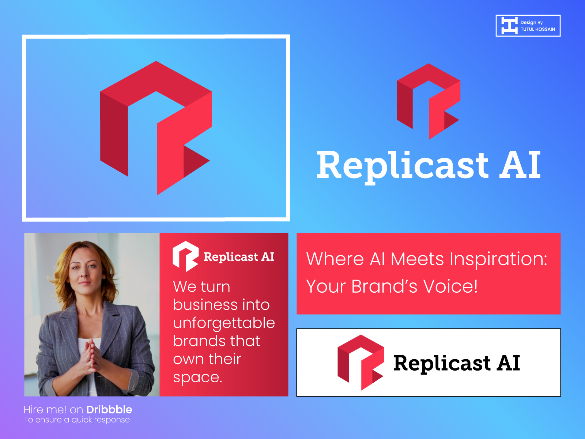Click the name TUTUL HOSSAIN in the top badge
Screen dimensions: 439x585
tap(537, 29)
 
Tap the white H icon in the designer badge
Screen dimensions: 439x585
tap(509, 26)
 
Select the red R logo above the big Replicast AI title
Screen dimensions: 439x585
tap(429, 101)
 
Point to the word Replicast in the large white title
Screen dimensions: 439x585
tap(402, 165)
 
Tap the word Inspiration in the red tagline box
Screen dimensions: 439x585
tap(498, 259)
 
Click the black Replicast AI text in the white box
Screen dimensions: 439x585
tap(456, 363)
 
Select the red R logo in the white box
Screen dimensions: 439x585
tap(360, 362)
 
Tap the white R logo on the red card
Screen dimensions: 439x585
tap(185, 256)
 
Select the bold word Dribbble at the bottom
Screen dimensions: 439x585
tap(109, 409)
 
